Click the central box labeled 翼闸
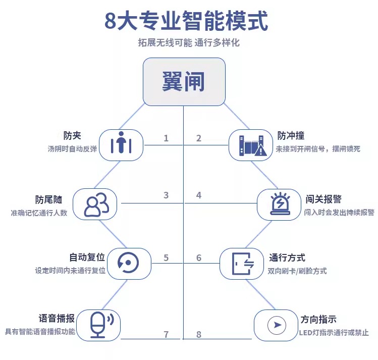pyautogui.click(x=184, y=82)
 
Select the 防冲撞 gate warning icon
pyautogui.click(x=251, y=145)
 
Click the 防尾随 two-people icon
pyautogui.click(x=95, y=204)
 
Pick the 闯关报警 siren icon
pyautogui.click(x=279, y=204)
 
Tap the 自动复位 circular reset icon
pyautogui.click(x=130, y=263)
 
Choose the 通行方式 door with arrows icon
pyautogui.click(x=241, y=263)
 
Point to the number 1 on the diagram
pyautogui.click(x=166, y=138)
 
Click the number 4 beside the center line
pyautogui.click(x=199, y=195)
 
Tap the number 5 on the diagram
pyautogui.click(x=166, y=258)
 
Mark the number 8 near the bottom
pyautogui.click(x=199, y=334)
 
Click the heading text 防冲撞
pyautogui.click(x=291, y=136)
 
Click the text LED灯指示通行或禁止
pyautogui.click(x=334, y=333)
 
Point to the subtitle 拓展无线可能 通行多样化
pyautogui.click(x=189, y=43)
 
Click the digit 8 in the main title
pyautogui.click(x=111, y=21)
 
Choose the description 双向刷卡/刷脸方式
pyautogui.click(x=297, y=271)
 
